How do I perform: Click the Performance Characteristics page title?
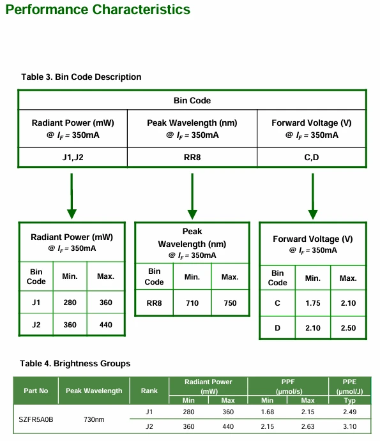coord(98,10)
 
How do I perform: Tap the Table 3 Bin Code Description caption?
coord(81,77)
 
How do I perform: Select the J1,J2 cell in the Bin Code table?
coord(73,157)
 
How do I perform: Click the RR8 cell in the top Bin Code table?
coord(192,157)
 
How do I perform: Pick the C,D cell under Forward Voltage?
coord(312,157)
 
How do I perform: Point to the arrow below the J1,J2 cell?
coord(72,196)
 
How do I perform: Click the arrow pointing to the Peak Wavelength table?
coord(192,196)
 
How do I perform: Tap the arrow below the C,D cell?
coord(313,196)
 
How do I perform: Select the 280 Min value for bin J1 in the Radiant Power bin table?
coord(70,303)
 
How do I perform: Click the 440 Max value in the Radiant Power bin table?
coord(106,325)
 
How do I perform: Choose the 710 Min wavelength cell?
coord(192,303)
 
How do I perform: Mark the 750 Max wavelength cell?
coord(231,303)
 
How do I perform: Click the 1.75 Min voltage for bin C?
coord(313,303)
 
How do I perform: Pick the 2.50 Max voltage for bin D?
coord(348,328)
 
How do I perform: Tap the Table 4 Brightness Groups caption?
coord(75,363)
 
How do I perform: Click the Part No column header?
coord(36,391)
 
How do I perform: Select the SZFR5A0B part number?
coord(36,419)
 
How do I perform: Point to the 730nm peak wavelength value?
coord(94,419)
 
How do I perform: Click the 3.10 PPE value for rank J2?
coord(349,427)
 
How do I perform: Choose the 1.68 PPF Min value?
coord(268,412)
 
